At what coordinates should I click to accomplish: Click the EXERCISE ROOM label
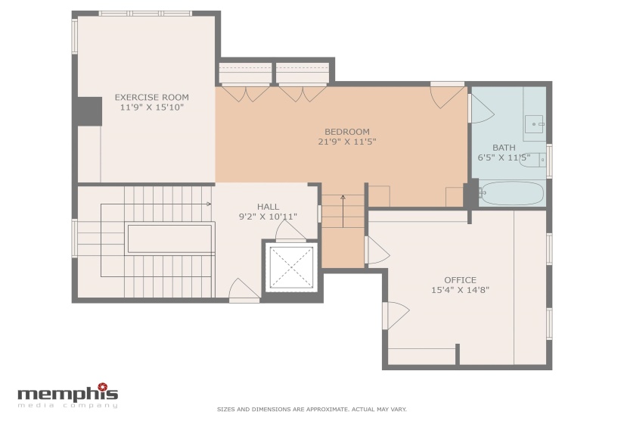click(x=151, y=97)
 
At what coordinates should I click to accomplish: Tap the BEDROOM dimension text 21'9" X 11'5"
click(x=347, y=142)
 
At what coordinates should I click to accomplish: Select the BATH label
click(x=504, y=148)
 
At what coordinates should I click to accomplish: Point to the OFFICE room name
click(x=460, y=280)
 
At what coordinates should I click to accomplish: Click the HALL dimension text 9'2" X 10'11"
click(x=268, y=217)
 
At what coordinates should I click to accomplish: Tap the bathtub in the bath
click(x=511, y=194)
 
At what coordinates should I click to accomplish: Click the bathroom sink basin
click(x=534, y=124)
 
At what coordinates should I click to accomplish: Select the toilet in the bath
click(x=533, y=160)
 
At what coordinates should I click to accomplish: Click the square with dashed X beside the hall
click(x=292, y=267)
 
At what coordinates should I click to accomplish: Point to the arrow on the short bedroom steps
click(x=343, y=211)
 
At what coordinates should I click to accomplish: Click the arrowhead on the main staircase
click(x=209, y=204)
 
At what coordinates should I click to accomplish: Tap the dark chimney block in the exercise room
click(x=89, y=111)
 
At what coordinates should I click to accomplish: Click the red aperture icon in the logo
click(x=103, y=386)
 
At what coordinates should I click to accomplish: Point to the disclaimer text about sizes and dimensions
click(x=312, y=410)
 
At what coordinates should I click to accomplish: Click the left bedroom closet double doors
click(x=246, y=93)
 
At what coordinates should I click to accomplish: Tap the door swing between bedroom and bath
click(x=482, y=108)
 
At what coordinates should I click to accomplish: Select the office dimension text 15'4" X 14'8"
click(x=460, y=290)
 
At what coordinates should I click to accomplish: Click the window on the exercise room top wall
click(x=145, y=14)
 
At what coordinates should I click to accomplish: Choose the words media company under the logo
click(x=67, y=406)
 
